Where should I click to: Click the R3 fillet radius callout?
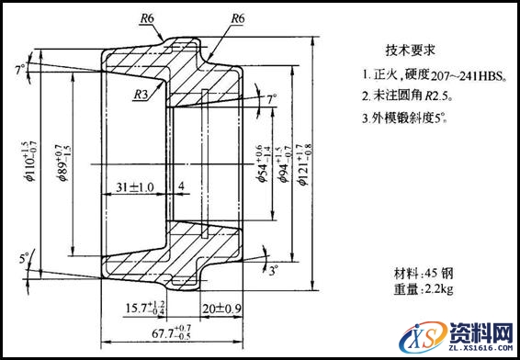[x=141, y=94]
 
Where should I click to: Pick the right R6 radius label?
[x=237, y=18]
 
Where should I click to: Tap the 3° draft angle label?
[x=273, y=270]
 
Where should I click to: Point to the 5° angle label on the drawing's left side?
[x=23, y=258]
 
